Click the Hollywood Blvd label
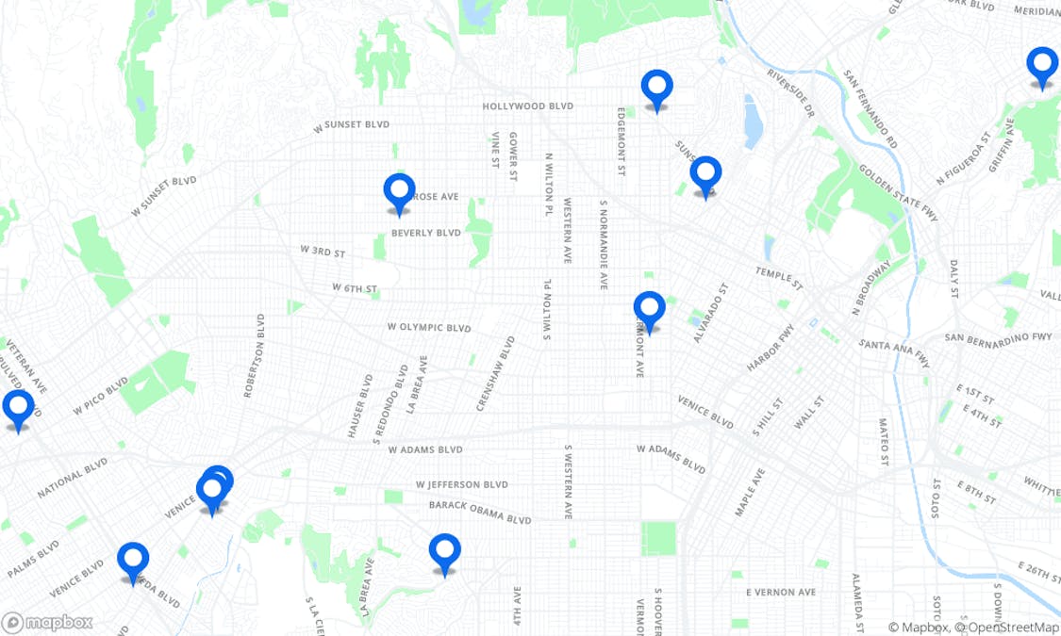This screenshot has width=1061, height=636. (x=527, y=106)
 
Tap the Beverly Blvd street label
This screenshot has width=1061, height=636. (x=425, y=233)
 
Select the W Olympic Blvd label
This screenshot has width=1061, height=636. (x=428, y=328)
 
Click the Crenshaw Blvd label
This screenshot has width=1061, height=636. (x=495, y=373)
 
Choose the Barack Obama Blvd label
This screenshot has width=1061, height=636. (x=480, y=513)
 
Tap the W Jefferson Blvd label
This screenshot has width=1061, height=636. (x=462, y=484)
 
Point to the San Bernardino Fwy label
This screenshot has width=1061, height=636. (x=998, y=337)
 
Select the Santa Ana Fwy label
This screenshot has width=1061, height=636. (x=893, y=352)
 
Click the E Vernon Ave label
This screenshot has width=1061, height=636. (x=780, y=592)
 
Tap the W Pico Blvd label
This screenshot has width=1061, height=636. (x=100, y=397)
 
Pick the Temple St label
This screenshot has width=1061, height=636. (x=778, y=278)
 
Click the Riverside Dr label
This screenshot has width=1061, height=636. (x=789, y=90)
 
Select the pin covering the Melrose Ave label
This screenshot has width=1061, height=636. (x=399, y=190)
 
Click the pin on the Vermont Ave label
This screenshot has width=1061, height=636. (x=649, y=308)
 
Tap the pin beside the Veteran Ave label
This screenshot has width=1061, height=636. (x=18, y=407)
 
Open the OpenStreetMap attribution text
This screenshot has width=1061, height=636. (x=1006, y=628)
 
